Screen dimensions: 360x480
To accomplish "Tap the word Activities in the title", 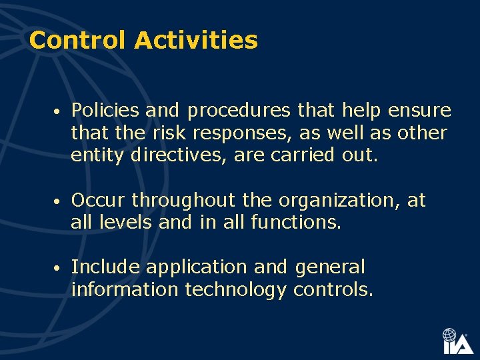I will click(x=195, y=41).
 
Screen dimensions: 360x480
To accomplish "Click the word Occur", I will click(x=98, y=200).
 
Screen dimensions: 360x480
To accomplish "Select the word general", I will click(x=329, y=268).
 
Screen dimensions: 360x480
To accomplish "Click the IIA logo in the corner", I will click(x=457, y=341).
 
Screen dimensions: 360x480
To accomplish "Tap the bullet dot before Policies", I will click(x=59, y=111).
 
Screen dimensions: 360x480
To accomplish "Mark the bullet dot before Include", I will click(x=59, y=268).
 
